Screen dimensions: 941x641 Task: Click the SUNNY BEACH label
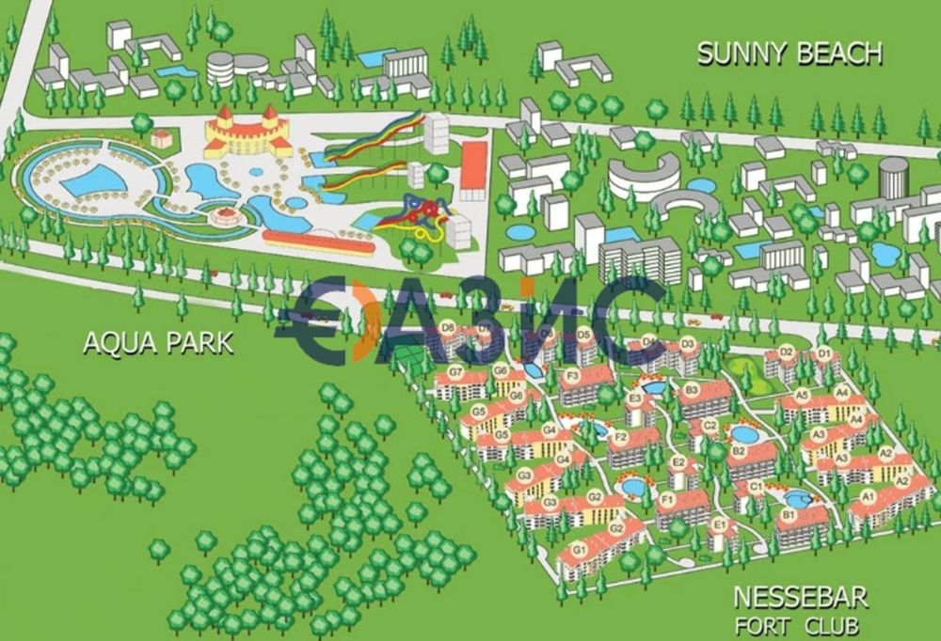click(x=790, y=54)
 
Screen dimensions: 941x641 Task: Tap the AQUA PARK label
click(x=158, y=343)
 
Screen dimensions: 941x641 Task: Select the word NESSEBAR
click(x=800, y=597)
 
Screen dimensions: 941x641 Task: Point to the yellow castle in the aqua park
click(x=247, y=133)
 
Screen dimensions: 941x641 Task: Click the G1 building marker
click(x=580, y=548)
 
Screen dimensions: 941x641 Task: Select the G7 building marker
click(x=455, y=371)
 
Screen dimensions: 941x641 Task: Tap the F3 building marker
click(x=570, y=376)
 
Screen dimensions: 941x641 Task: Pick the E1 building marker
click(x=720, y=524)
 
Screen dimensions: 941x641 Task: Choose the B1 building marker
click(x=789, y=514)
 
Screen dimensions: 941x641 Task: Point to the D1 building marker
click(x=823, y=354)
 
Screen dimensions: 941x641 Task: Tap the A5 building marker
click(x=802, y=395)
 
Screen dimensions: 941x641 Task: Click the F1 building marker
click(x=667, y=497)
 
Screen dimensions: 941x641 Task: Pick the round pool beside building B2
click(x=743, y=434)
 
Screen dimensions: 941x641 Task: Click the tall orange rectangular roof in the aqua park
click(x=473, y=171)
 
